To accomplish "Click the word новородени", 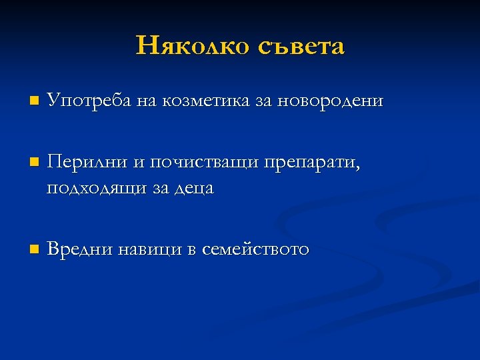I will tap(330, 101).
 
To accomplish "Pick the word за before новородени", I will tap(262, 102).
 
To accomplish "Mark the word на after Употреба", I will tap(145, 102).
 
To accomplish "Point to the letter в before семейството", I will tap(192, 251).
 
